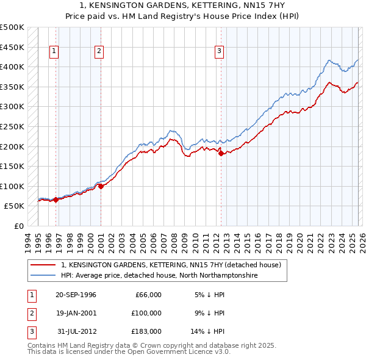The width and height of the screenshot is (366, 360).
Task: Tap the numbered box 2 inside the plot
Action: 99,52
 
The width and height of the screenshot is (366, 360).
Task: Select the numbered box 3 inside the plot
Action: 219,52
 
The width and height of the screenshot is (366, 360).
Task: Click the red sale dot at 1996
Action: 56,200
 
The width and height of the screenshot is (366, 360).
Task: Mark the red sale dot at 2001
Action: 101,186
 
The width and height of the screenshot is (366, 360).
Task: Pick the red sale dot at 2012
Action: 221,153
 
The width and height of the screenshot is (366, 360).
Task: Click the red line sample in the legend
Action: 43,265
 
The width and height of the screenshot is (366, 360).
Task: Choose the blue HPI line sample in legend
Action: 43,276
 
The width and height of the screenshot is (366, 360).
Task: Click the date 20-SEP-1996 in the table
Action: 76,295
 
